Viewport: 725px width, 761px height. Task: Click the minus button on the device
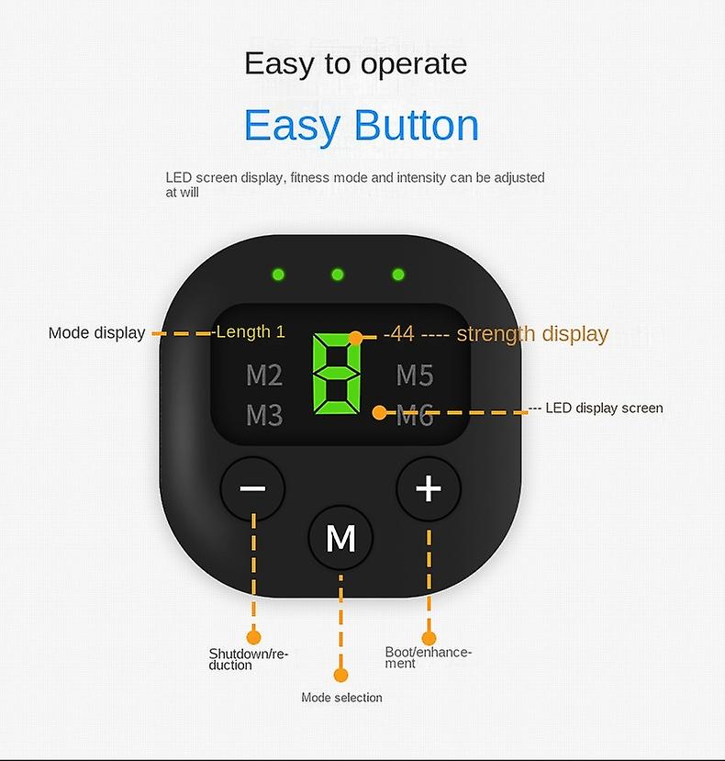[x=252, y=488]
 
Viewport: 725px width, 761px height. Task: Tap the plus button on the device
[x=429, y=488]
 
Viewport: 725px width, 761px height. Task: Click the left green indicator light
[x=277, y=274]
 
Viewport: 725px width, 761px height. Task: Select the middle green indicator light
[x=338, y=274]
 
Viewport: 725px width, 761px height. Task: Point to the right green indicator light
[x=398, y=274]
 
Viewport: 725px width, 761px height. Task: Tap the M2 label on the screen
[x=264, y=375]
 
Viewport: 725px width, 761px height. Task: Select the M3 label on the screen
[x=264, y=416]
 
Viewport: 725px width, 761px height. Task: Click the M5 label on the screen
[x=415, y=375]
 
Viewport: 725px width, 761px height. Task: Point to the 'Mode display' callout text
[x=96, y=333]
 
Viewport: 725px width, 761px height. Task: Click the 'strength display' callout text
[x=532, y=333]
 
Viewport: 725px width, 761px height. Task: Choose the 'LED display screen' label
[x=604, y=408]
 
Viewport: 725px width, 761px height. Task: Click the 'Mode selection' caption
[x=341, y=698]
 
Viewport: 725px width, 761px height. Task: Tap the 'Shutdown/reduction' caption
[x=248, y=659]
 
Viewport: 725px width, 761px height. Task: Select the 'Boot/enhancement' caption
[x=428, y=657]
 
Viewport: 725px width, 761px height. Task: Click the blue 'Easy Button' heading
[x=362, y=126]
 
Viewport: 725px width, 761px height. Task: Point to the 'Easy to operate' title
[x=355, y=63]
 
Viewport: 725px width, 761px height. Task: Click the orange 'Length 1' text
[x=251, y=331]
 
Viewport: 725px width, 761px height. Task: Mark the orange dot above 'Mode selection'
[x=340, y=675]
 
